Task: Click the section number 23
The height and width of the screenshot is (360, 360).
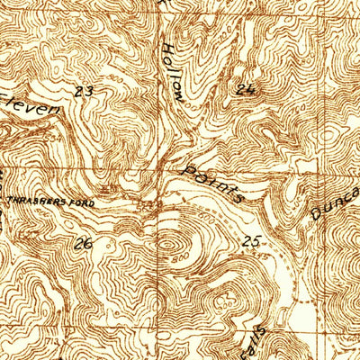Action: tap(85, 91)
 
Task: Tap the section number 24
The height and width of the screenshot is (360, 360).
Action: tap(246, 88)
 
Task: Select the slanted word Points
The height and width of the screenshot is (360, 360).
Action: tap(213, 182)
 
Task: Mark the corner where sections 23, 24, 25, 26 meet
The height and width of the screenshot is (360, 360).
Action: tap(164, 170)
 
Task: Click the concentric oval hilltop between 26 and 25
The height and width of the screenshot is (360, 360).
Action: tap(169, 241)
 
